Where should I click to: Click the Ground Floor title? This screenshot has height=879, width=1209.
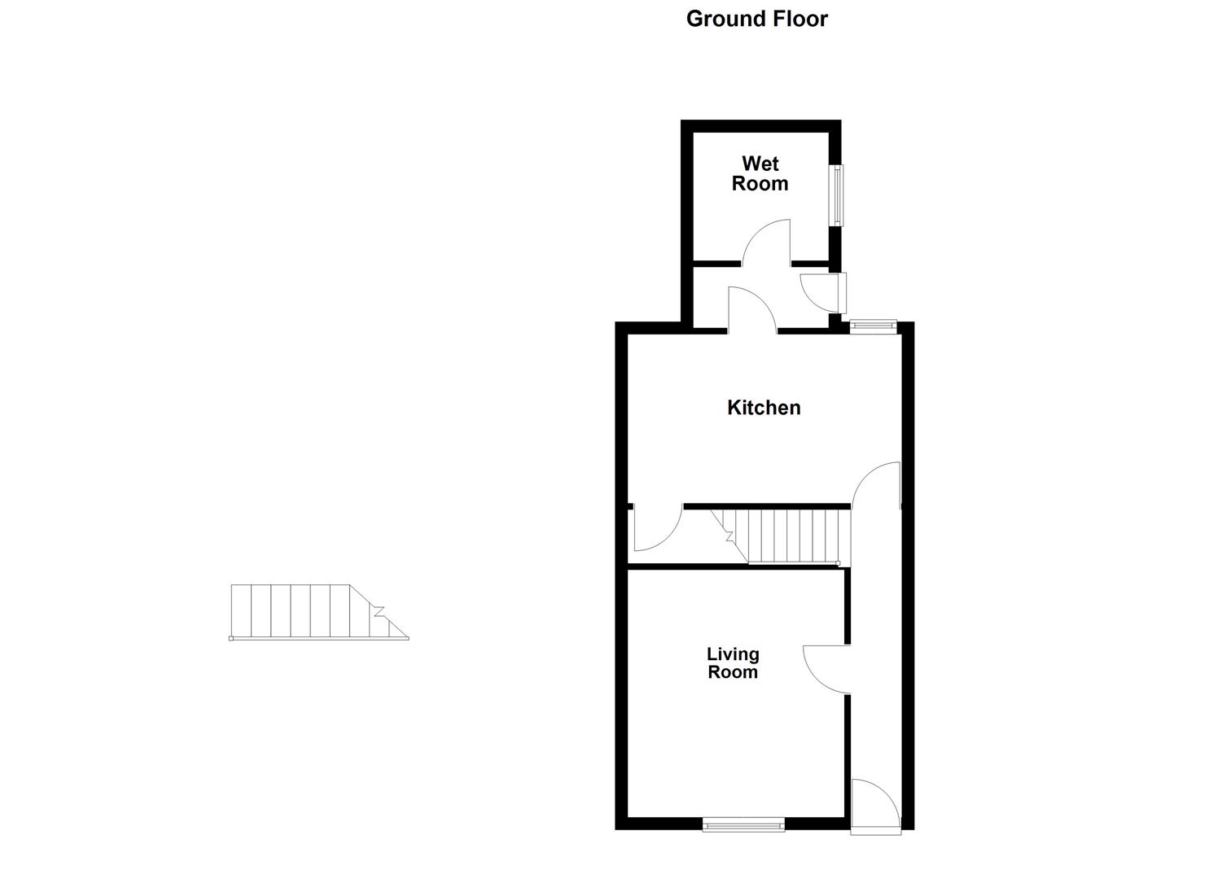click(x=756, y=19)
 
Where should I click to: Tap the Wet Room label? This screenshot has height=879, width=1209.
click(x=760, y=173)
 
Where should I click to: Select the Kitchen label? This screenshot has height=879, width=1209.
click(x=764, y=407)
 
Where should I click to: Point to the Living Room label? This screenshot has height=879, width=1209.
click(x=732, y=663)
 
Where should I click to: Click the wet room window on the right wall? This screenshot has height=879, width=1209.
click(x=836, y=195)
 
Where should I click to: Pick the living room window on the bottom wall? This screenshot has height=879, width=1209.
click(x=743, y=825)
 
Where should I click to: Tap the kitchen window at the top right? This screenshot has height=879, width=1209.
click(x=873, y=326)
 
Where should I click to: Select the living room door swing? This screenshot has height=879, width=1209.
click(x=826, y=669)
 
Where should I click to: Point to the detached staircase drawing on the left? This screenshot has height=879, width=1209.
click(x=318, y=612)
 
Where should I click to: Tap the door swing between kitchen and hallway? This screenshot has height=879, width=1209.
click(x=877, y=486)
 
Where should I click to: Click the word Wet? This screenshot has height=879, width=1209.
click(x=760, y=164)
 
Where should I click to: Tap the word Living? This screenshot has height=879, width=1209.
click(x=733, y=654)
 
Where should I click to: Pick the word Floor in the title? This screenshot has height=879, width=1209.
click(x=797, y=19)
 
